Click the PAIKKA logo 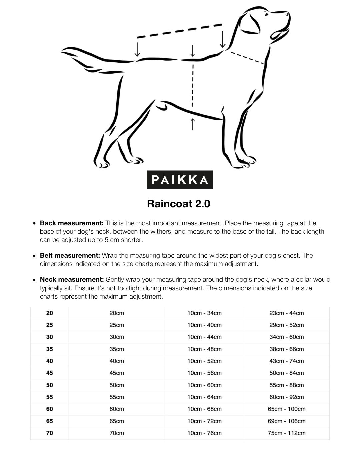pos(180,180)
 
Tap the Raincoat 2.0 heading pos(179,204)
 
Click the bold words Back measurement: pos(72,223)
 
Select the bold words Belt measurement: pos(70,255)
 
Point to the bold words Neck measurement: pos(72,279)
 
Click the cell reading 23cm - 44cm pos(286,313)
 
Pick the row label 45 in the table pos(49,373)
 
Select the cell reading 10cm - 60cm pos(204,385)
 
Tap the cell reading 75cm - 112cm pos(286,433)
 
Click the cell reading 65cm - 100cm pos(286,409)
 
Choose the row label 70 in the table pos(49,433)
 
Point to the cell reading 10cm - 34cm pos(204,313)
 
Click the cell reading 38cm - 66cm pos(286,349)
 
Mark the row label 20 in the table pos(49,313)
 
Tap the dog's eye pos(266,14)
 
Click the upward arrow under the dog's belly pos(192,124)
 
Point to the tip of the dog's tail pos(63,52)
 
